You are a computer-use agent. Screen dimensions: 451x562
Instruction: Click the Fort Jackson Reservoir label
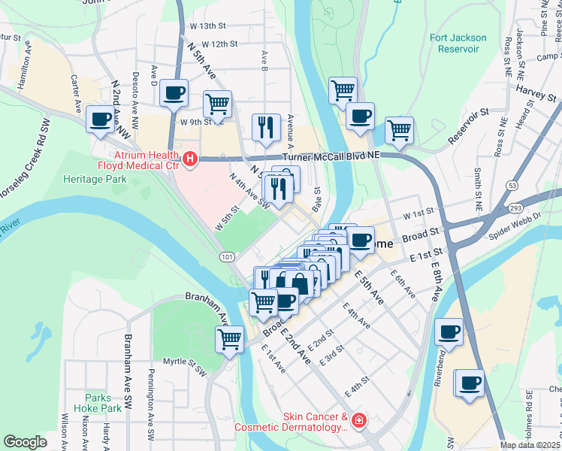tap(458, 43)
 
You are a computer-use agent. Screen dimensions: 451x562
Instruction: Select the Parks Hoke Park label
tap(98, 403)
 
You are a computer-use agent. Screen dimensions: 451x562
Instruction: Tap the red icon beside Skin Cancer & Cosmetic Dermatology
tap(359, 420)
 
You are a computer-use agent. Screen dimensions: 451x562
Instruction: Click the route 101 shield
tap(226, 257)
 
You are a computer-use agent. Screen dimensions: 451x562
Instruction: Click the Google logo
tap(26, 441)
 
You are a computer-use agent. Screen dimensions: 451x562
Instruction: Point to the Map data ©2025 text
tap(530, 445)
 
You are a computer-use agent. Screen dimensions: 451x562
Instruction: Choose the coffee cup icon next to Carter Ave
tap(101, 119)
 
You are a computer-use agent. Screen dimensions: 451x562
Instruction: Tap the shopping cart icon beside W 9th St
tap(217, 103)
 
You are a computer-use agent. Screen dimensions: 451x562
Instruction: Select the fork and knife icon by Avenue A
tap(266, 127)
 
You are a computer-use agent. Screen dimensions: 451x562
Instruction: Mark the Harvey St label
tap(534, 89)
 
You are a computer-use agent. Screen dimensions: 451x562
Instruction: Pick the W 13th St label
tap(209, 26)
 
